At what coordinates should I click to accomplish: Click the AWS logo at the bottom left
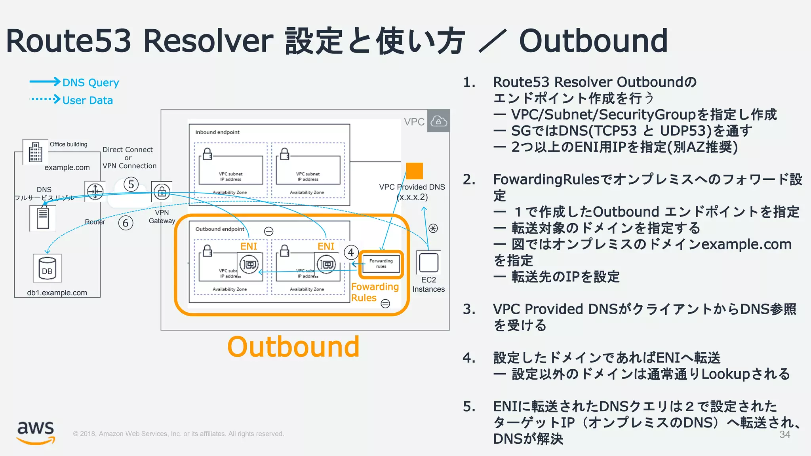click(36, 432)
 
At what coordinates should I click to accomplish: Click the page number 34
click(784, 434)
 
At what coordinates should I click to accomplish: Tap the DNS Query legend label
click(91, 82)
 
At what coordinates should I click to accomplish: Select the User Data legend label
click(88, 100)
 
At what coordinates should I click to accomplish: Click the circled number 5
click(131, 184)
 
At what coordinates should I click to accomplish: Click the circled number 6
click(126, 223)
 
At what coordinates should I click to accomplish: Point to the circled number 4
click(351, 252)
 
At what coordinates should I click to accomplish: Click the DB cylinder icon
click(47, 268)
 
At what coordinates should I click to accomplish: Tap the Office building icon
click(35, 152)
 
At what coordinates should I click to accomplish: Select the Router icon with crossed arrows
click(95, 192)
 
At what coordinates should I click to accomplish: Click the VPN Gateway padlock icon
click(162, 192)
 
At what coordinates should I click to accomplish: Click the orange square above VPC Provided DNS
click(414, 171)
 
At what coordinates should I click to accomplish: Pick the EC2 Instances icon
click(428, 262)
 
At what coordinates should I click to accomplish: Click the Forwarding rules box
click(381, 264)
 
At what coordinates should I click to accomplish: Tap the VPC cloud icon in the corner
click(438, 121)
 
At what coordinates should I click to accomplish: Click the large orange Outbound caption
click(293, 347)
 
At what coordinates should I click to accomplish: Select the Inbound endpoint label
click(217, 132)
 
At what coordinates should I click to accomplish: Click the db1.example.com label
click(57, 293)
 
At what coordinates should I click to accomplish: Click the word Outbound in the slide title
click(593, 41)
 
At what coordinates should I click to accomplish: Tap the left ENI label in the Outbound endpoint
click(249, 246)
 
